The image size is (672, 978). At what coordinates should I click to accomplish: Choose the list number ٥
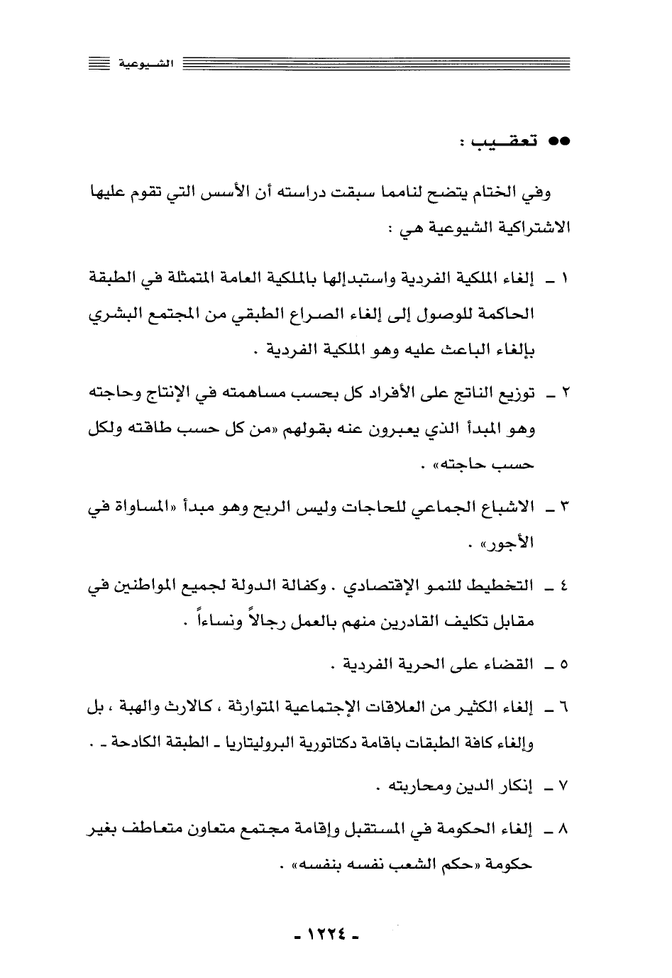564,666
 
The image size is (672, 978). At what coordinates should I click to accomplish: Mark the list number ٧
564,786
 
